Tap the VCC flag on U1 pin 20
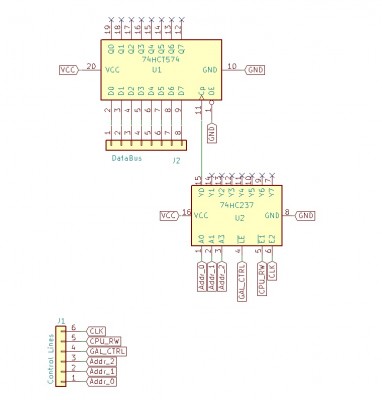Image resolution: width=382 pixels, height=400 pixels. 68,69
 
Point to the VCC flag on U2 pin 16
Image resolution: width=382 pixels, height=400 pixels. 169,214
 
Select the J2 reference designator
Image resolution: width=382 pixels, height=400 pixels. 176,158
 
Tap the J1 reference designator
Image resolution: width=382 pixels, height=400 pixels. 60,320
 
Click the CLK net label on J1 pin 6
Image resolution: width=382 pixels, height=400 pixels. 97,330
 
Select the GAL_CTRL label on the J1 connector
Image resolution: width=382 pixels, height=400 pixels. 107,351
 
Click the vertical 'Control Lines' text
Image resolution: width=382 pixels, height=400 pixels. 50,356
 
